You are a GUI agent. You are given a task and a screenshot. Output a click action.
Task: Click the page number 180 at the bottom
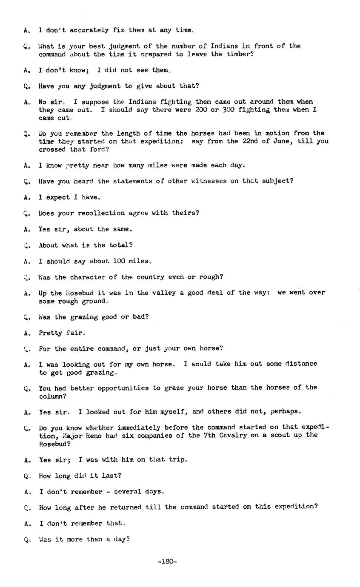167,561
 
